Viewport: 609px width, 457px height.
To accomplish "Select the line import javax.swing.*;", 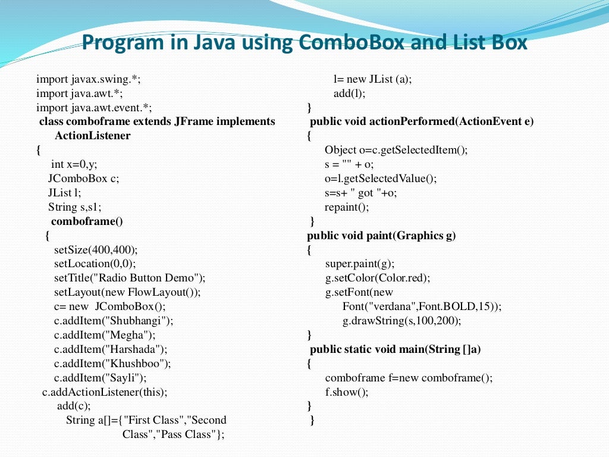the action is click(88, 79).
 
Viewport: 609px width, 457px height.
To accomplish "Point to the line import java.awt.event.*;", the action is click(94, 108).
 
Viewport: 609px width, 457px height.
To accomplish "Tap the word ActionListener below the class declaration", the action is click(92, 136).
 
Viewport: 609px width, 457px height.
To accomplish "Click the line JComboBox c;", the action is click(84, 179).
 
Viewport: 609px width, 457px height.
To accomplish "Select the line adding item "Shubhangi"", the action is click(113, 321).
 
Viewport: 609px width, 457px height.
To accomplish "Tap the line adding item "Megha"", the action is click(104, 335).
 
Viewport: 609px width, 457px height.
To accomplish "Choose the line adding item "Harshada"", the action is click(110, 349).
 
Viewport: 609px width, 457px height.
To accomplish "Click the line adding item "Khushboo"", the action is click(112, 364).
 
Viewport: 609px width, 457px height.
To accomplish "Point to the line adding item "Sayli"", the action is click(100, 378).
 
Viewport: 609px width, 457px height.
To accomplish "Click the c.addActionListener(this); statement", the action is click(105, 392).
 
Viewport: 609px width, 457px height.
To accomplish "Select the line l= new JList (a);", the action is click(372, 79).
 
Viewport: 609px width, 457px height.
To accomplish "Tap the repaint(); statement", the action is click(347, 207).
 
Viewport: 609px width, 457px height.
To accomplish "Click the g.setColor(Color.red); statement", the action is click(377, 278).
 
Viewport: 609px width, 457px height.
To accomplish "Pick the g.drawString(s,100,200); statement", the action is click(401, 321).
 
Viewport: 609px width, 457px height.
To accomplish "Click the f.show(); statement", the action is click(347, 392).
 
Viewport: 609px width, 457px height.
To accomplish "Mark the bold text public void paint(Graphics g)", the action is click(381, 236).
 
